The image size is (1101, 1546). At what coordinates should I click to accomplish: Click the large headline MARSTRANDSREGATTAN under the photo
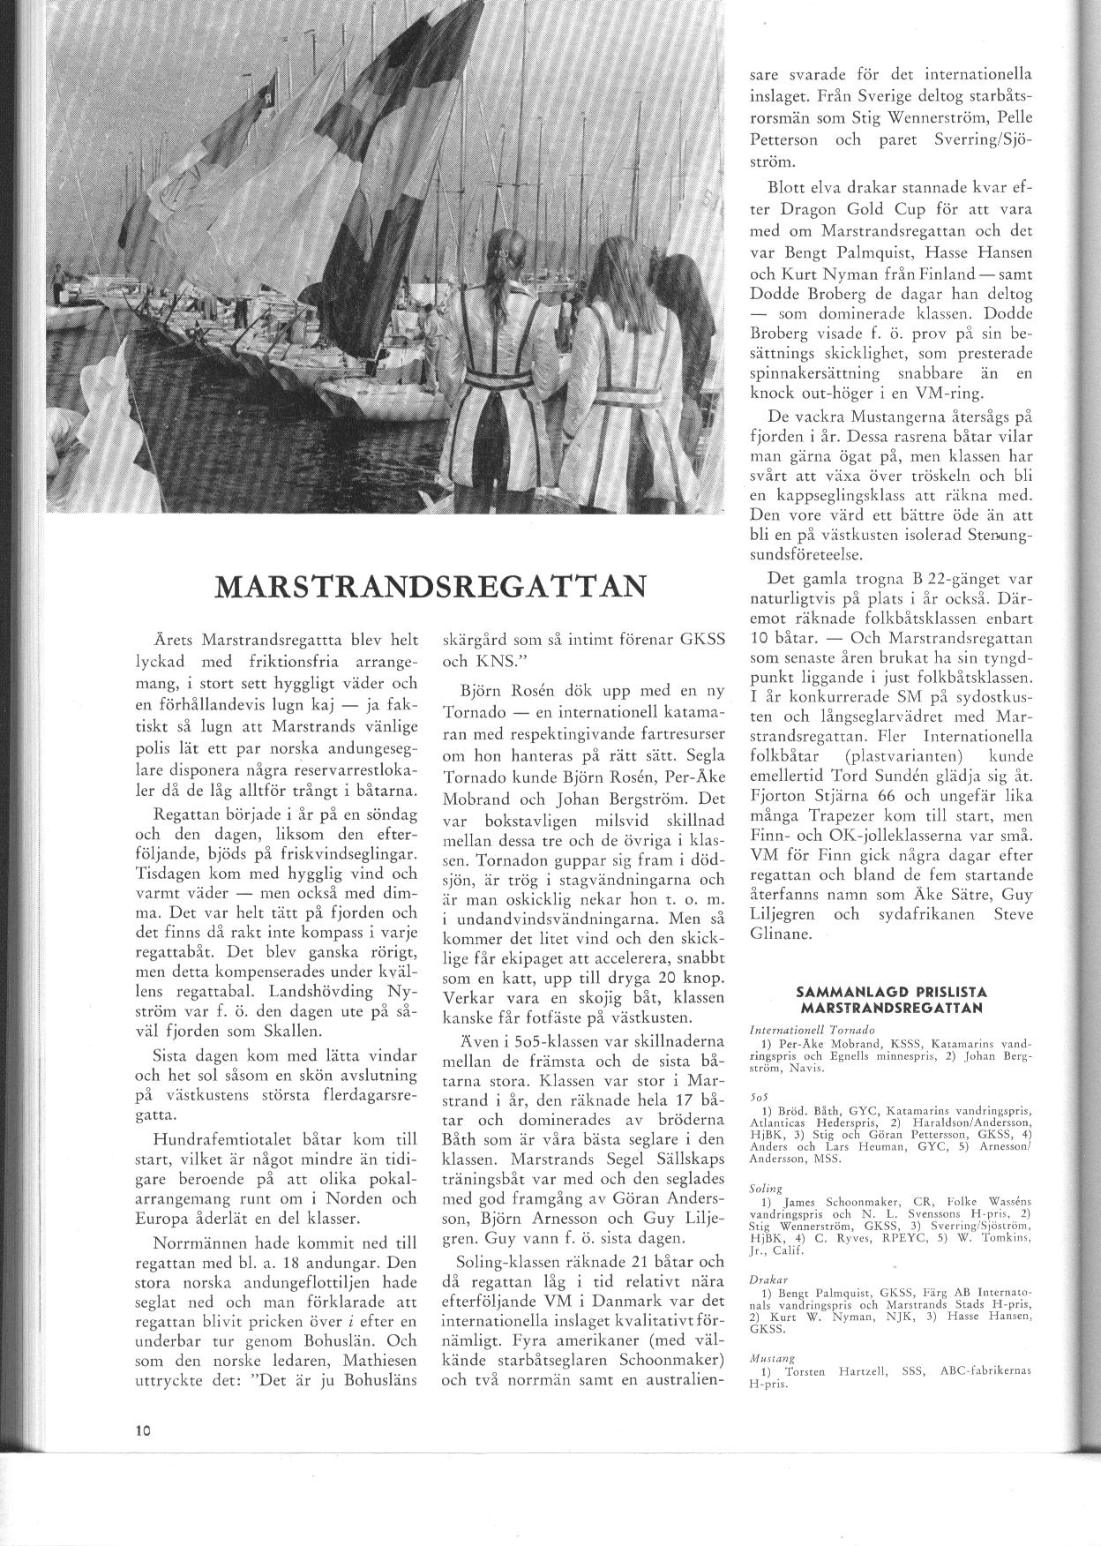pyautogui.click(x=429, y=586)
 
